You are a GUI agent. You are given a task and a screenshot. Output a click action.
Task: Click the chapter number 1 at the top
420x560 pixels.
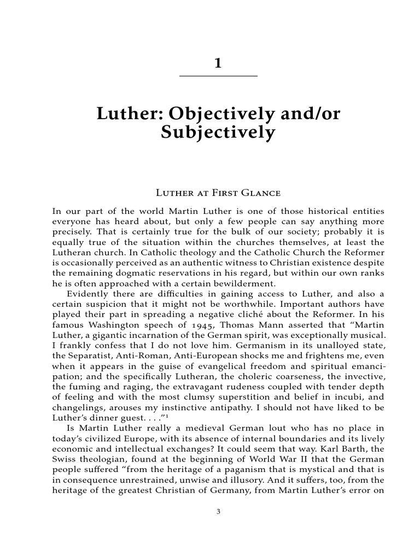218,63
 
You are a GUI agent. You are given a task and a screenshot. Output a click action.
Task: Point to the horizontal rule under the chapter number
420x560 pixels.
218,75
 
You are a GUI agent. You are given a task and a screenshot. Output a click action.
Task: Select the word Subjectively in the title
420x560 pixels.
218,132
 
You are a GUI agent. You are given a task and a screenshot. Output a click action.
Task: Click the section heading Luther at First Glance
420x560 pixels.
218,192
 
